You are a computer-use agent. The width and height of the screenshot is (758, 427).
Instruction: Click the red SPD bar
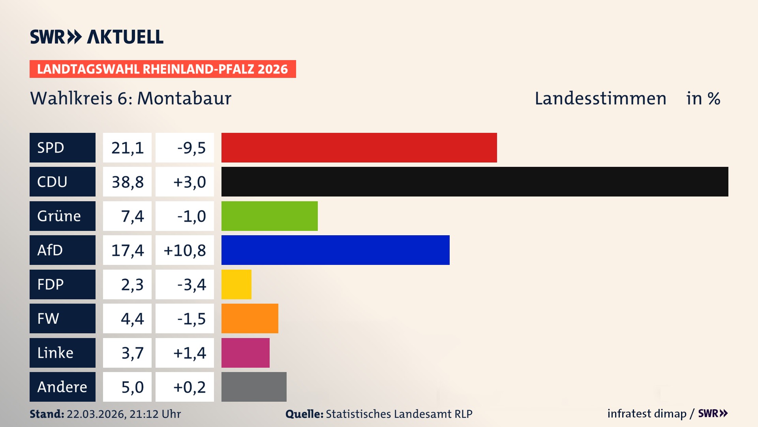(359, 147)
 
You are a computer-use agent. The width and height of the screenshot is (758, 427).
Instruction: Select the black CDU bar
(475, 181)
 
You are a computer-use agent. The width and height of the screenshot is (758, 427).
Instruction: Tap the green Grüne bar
(269, 216)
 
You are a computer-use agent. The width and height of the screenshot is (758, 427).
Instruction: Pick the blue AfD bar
(335, 250)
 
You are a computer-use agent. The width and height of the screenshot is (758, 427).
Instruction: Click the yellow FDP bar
(236, 284)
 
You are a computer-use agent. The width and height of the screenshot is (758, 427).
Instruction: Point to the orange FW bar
(250, 318)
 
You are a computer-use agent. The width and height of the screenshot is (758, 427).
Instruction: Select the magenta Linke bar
(245, 353)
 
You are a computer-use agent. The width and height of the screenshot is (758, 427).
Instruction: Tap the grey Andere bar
(254, 387)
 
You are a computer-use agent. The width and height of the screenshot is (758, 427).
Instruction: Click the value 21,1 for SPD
(127, 148)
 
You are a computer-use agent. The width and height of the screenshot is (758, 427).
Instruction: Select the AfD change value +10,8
(184, 250)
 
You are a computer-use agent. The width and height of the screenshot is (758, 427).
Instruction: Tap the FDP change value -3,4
(191, 285)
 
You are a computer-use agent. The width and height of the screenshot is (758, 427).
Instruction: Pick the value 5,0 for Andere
(132, 387)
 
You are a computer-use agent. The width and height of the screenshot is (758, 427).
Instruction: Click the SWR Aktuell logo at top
(96, 37)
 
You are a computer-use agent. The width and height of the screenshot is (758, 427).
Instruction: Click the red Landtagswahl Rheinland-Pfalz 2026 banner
(162, 69)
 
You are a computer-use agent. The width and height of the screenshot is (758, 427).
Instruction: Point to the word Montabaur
(184, 98)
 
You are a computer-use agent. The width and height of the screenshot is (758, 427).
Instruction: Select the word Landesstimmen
(600, 98)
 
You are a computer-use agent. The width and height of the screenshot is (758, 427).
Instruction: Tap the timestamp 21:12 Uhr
(155, 414)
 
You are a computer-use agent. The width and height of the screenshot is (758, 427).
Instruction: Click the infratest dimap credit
(646, 414)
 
